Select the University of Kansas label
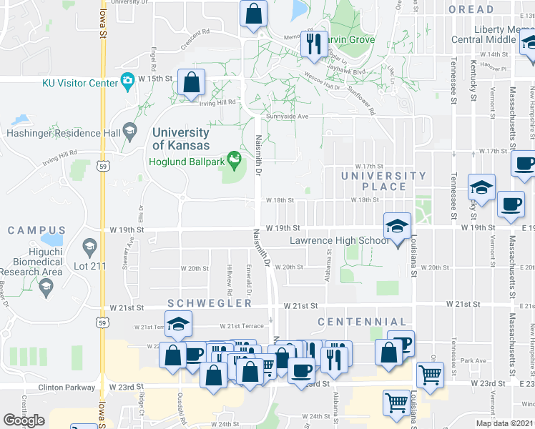(180, 139)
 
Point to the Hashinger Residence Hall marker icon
(129, 131)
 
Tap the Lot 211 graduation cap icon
(89, 248)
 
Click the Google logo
(24, 420)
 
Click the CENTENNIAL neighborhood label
(362, 322)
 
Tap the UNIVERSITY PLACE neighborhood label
(383, 181)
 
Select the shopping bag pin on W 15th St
(192, 83)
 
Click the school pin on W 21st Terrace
(178, 325)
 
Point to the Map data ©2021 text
(504, 423)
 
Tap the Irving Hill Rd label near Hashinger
(59, 154)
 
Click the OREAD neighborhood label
(471, 9)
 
